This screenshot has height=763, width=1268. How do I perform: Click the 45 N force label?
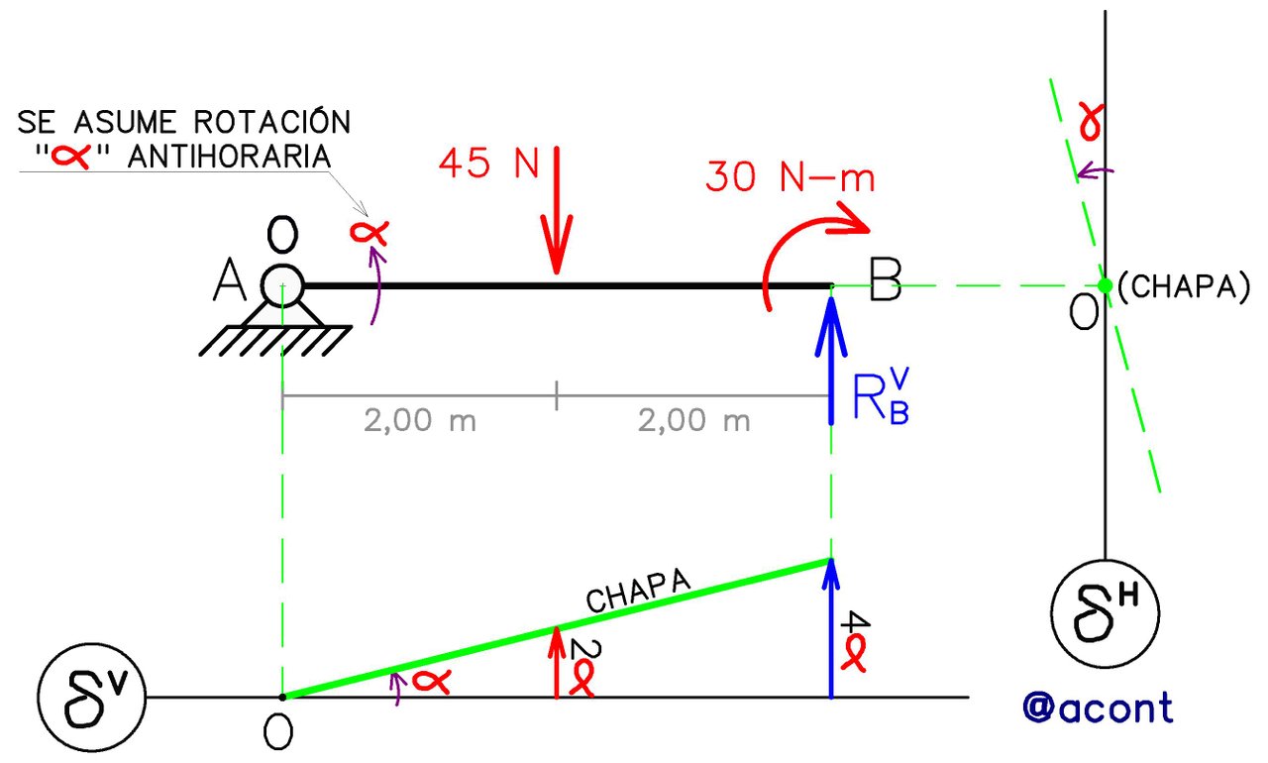pyautogui.click(x=489, y=163)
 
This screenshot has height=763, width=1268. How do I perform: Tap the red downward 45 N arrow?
pyautogui.click(x=557, y=210)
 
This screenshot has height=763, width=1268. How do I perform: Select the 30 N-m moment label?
pyautogui.click(x=791, y=176)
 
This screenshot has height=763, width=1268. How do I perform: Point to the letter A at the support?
pyautogui.click(x=229, y=280)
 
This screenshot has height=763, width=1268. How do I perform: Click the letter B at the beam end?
pyautogui.click(x=885, y=279)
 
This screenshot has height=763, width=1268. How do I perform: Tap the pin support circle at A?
pyautogui.click(x=282, y=285)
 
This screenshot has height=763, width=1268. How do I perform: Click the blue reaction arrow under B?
pyautogui.click(x=831, y=360)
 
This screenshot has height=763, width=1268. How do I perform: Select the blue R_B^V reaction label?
pyautogui.click(x=881, y=396)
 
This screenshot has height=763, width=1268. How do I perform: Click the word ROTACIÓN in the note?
pyautogui.click(x=272, y=122)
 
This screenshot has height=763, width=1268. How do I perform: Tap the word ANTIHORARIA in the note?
pyautogui.click(x=229, y=157)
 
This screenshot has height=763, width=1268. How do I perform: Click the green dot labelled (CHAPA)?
pyautogui.click(x=1105, y=285)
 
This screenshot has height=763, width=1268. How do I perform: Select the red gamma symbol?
pyautogui.click(x=1091, y=121)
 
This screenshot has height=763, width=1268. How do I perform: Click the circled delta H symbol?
pyautogui.click(x=1105, y=613)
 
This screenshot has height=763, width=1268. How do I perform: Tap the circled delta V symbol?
pyautogui.click(x=92, y=698)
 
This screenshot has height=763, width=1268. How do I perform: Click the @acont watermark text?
pyautogui.click(x=1099, y=707)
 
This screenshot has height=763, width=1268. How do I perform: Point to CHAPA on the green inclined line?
pyautogui.click(x=639, y=592)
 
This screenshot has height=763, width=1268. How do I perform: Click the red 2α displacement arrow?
pyautogui.click(x=557, y=662)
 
